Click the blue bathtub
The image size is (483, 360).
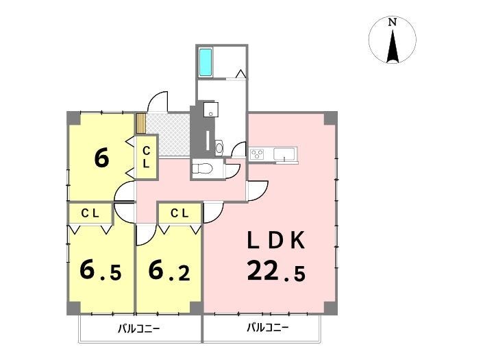pos(206,62)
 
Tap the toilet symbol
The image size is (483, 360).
pos(202,169)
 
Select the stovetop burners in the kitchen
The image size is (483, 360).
pos(257,154)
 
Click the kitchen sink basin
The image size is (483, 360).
pos(284,153)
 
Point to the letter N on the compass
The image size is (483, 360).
pos(392,22)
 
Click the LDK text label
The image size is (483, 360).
pos(276,241)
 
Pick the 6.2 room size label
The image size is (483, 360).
pos(169,270)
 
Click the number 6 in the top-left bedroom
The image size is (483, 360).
pos(101,158)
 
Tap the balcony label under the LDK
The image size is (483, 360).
pos(268,327)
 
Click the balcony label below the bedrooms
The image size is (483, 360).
pos(139,328)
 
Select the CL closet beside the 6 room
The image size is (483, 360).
pos(147,157)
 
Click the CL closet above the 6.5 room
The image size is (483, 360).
pos(90,213)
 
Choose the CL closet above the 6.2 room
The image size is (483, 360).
pos(180,213)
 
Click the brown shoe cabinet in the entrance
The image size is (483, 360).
pos(141,123)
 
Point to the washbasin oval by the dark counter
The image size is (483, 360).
pos(219,147)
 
